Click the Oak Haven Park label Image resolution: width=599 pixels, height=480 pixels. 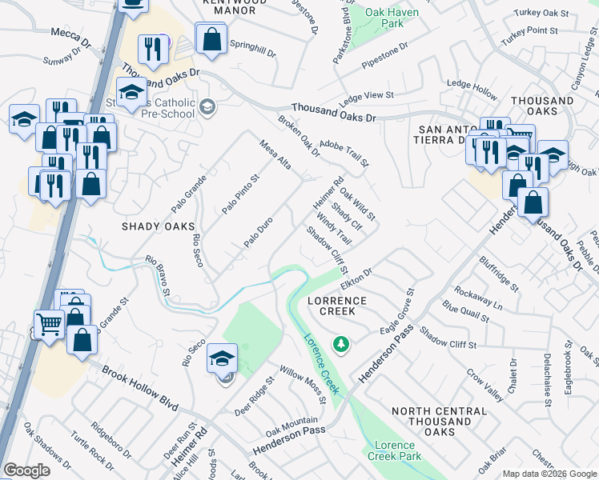388,18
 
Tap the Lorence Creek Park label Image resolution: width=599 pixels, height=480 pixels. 394,450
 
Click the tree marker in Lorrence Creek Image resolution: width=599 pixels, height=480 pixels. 342,344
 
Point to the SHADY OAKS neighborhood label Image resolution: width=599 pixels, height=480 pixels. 158,226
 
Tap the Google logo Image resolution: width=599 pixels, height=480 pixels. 26,470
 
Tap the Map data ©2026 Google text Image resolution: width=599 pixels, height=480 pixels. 549,474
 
